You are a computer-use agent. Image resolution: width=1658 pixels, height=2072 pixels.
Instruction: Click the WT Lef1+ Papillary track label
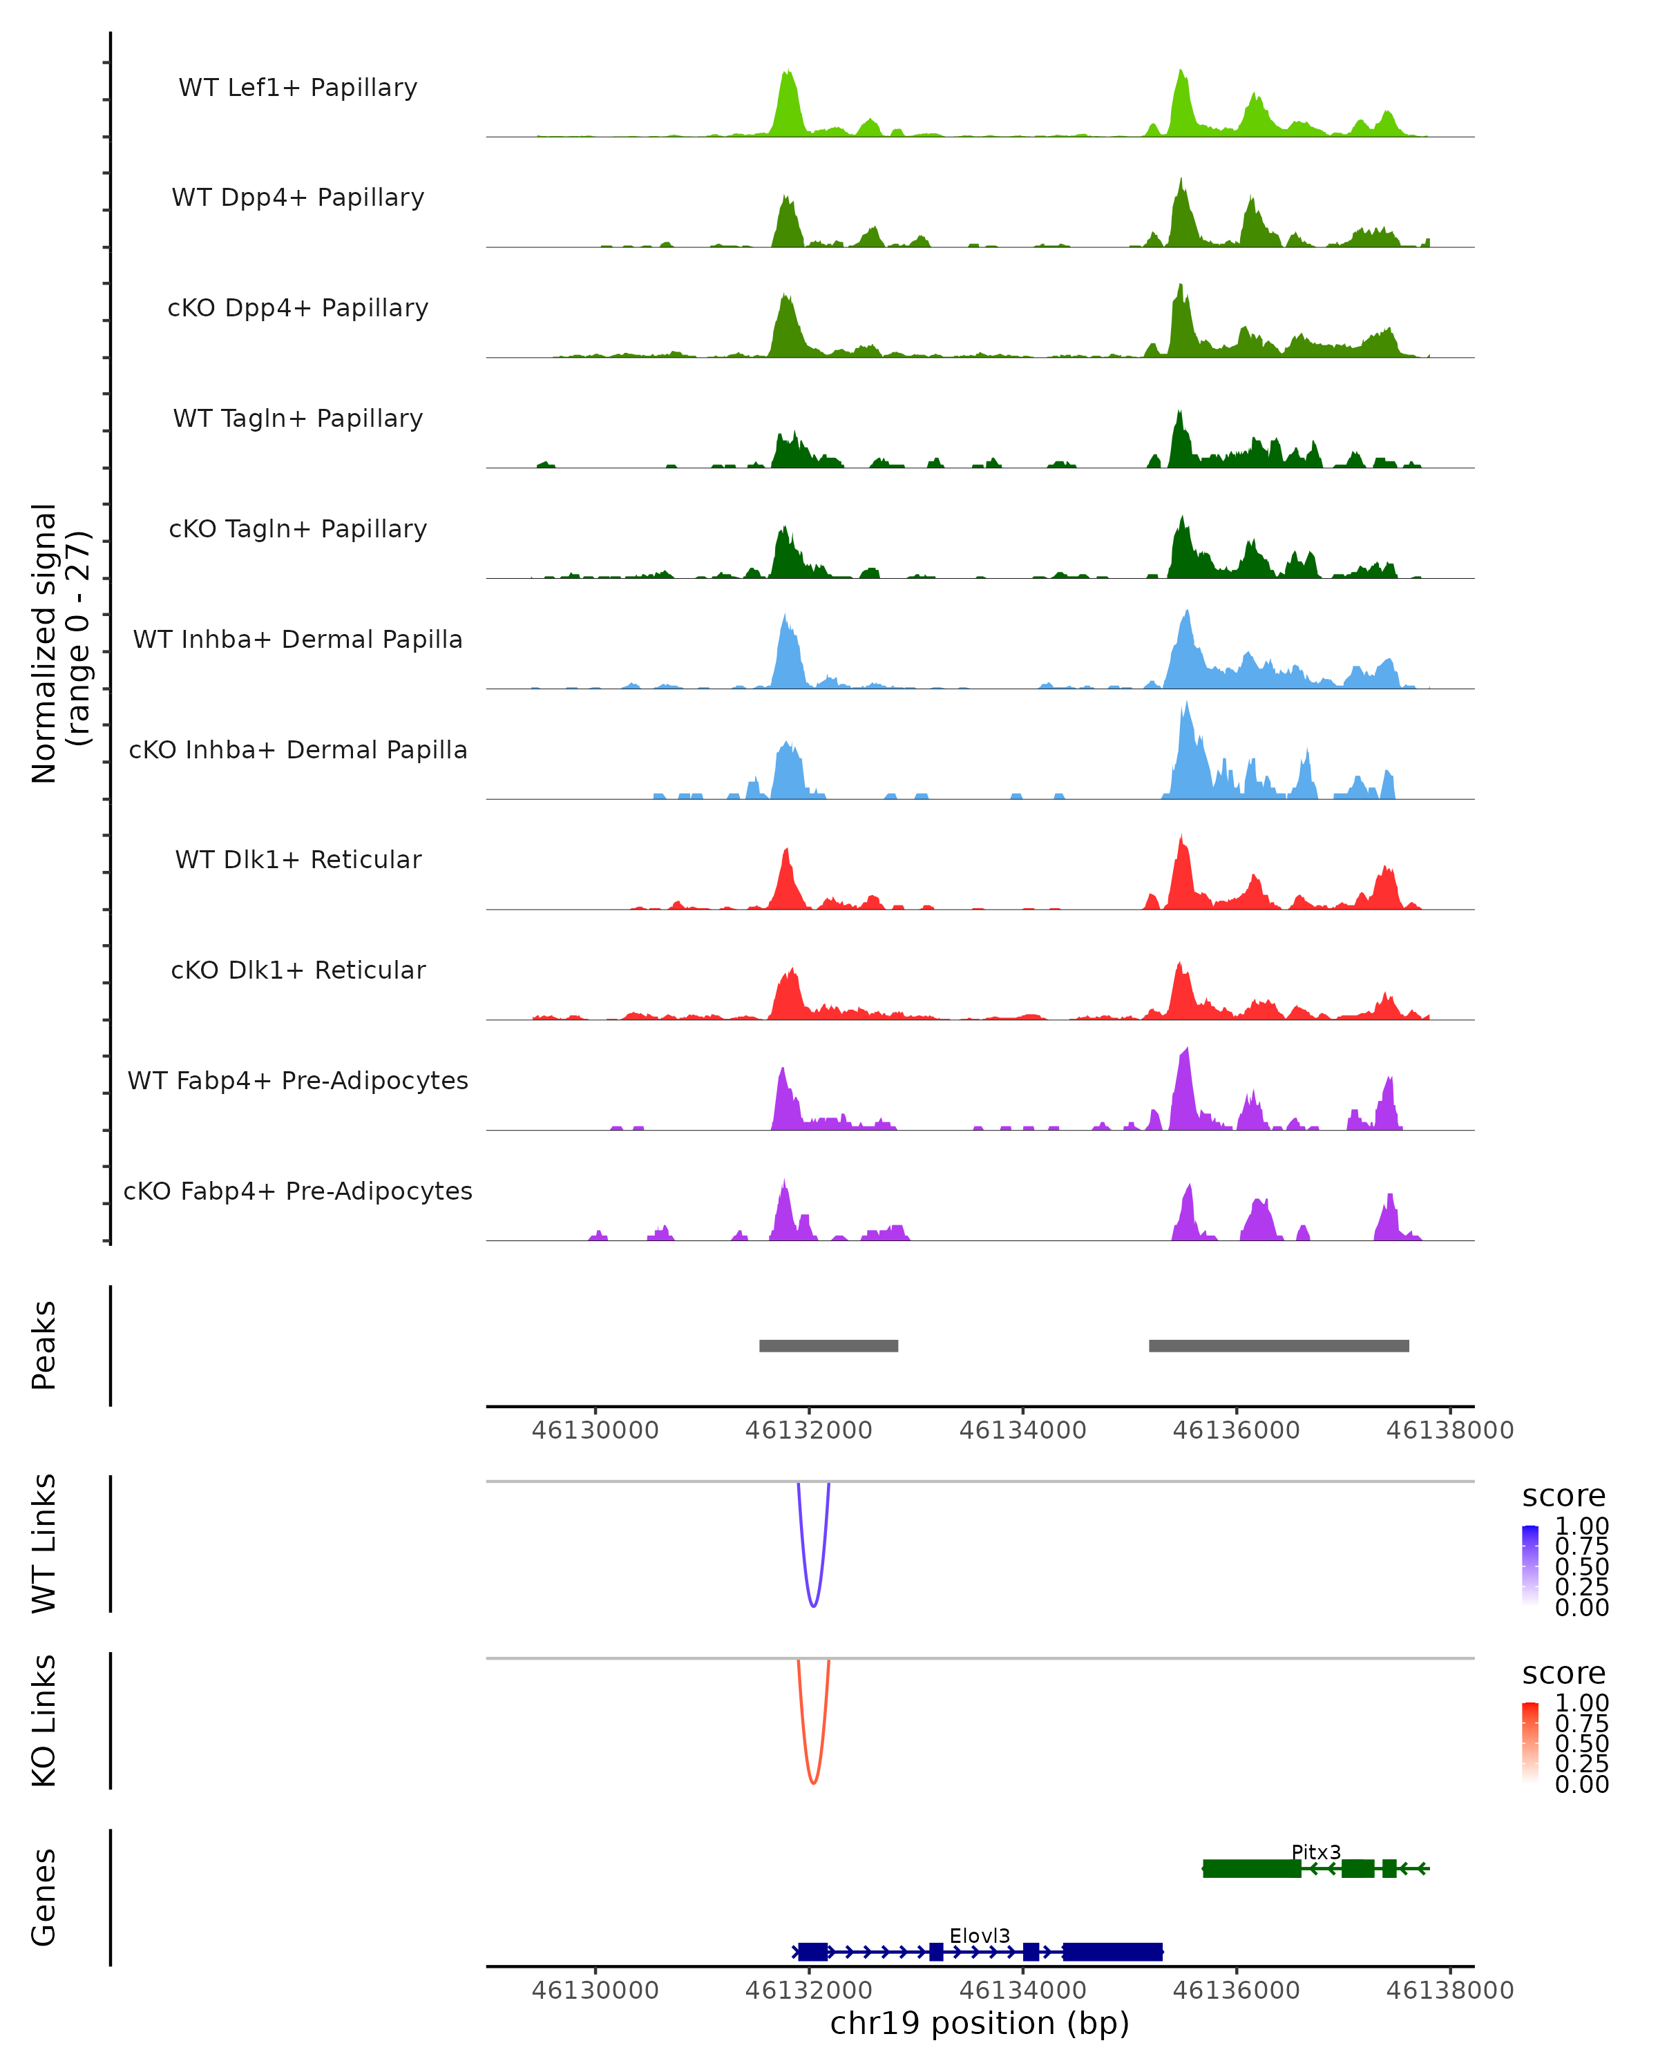[298, 88]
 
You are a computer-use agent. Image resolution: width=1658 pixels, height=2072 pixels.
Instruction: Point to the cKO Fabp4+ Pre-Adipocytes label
[298, 1191]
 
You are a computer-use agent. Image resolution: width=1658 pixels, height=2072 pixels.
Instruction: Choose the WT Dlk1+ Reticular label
[298, 859]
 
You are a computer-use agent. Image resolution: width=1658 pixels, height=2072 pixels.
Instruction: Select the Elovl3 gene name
[980, 1935]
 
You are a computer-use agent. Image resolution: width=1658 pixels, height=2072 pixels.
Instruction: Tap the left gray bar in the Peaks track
[828, 1345]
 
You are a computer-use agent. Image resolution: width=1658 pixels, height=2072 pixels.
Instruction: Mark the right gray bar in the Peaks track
[1278, 1345]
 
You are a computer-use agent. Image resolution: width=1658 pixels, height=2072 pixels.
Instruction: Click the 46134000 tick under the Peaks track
[1022, 1430]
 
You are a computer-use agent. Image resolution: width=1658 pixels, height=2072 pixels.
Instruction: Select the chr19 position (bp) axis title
[980, 2023]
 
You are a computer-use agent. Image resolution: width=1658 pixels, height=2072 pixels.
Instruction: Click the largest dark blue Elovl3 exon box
[1112, 1951]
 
